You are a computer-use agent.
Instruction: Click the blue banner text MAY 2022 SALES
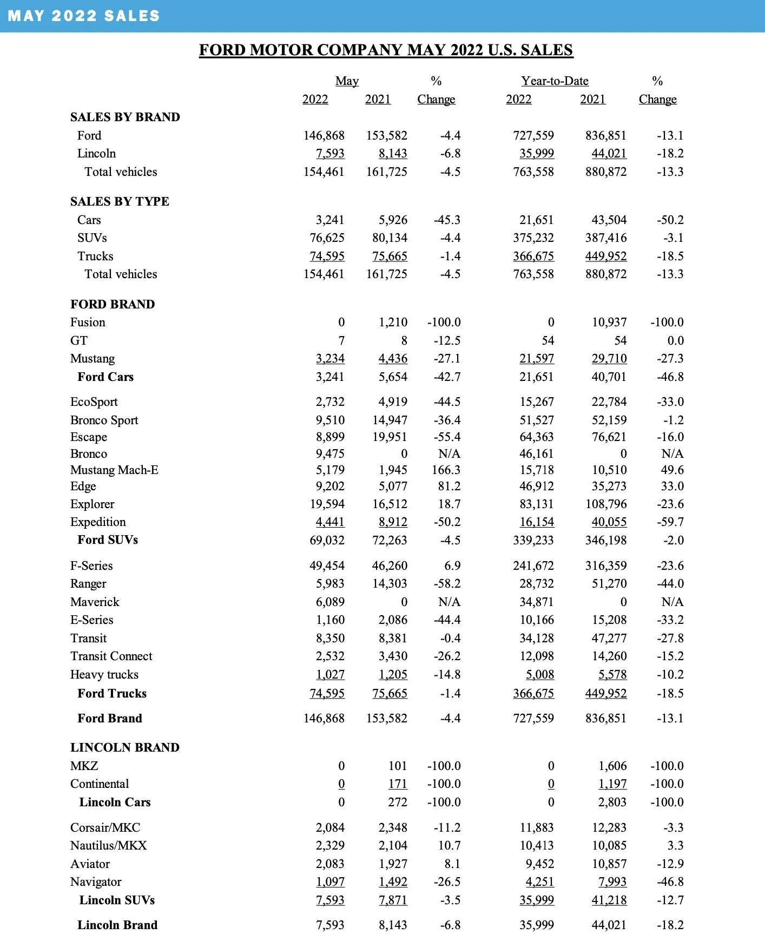click(x=84, y=16)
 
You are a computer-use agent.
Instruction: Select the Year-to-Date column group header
click(x=555, y=81)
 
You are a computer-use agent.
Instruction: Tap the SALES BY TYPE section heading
click(x=120, y=201)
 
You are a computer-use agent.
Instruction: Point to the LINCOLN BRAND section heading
click(x=124, y=747)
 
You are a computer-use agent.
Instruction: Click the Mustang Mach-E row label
click(x=114, y=470)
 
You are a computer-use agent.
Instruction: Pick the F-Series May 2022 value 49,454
click(x=327, y=565)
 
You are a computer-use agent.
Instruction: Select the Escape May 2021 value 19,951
click(x=390, y=437)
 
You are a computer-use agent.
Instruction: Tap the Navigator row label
click(x=96, y=882)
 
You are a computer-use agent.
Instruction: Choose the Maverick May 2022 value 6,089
click(x=330, y=602)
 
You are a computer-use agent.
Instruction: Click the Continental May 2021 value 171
click(x=398, y=784)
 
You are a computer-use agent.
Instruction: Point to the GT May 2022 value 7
click(x=341, y=340)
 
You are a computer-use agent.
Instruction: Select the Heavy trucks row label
click(x=104, y=674)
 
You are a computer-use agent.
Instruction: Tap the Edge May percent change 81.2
click(x=449, y=486)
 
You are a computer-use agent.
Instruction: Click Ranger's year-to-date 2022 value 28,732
click(x=537, y=583)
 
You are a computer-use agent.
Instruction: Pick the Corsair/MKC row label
click(x=105, y=827)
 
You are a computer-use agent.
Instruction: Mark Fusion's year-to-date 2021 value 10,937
click(x=609, y=322)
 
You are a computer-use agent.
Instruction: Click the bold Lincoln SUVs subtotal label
click(x=117, y=900)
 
